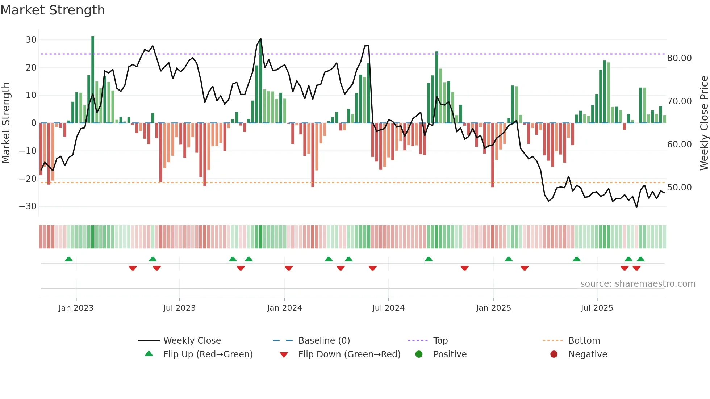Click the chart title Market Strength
tap(53, 10)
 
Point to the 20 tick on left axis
tap(31, 68)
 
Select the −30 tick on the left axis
tap(28, 206)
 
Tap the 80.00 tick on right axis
tap(679, 58)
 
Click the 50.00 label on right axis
tap(679, 188)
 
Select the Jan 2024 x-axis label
tap(284, 308)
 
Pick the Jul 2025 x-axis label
tap(597, 308)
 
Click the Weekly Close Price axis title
tap(704, 123)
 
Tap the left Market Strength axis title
tap(6, 123)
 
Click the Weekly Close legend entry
tap(192, 341)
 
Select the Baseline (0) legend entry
tap(324, 341)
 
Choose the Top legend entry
tap(440, 341)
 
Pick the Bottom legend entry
tap(584, 341)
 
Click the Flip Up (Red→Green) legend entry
tap(208, 354)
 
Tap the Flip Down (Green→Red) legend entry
tap(349, 354)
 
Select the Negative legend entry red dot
tap(554, 354)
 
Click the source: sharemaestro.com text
tap(638, 284)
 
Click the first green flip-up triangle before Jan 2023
tap(68, 259)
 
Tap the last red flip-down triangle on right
tap(636, 268)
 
